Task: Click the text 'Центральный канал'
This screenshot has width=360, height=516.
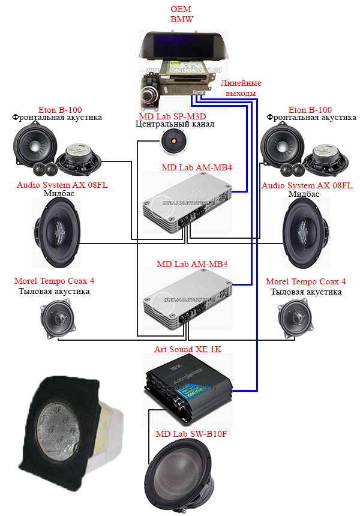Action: (175, 125)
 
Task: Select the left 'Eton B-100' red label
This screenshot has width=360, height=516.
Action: (57, 110)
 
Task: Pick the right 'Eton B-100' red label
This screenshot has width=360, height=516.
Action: (310, 110)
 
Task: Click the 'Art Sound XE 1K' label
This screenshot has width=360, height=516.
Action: (188, 349)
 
